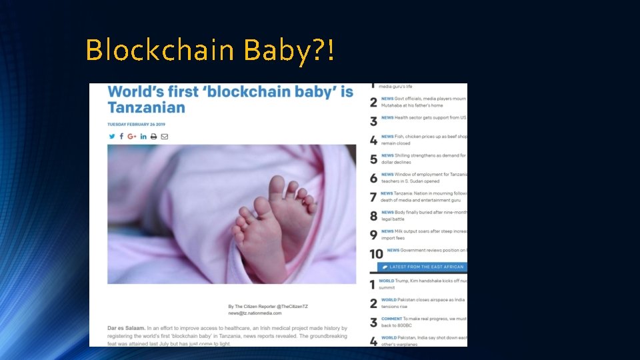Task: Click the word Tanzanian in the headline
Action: (147, 107)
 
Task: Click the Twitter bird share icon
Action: (111, 137)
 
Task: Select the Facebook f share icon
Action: (121, 137)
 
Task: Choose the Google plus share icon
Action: (132, 137)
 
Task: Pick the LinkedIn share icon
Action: (143, 137)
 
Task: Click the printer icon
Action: (154, 137)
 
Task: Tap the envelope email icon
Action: (165, 137)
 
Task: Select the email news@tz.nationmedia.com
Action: (255, 313)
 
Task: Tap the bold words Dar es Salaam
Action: (126, 328)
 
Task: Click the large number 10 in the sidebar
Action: (376, 253)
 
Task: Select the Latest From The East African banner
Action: (422, 267)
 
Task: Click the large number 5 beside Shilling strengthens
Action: (373, 159)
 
